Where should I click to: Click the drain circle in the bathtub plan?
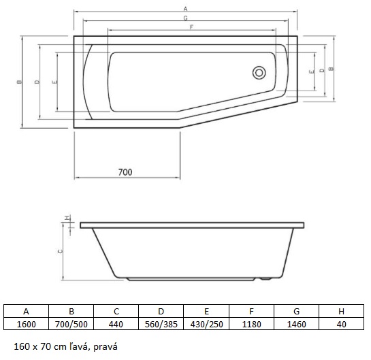[x=259, y=73]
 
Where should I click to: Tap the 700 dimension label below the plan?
[x=125, y=172]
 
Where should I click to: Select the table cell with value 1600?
[x=27, y=324]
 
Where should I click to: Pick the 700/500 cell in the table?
[x=71, y=324]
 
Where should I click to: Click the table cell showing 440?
[x=116, y=324]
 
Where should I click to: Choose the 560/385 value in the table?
[x=161, y=324]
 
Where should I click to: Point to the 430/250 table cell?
[x=206, y=324]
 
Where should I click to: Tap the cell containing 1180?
[x=251, y=324]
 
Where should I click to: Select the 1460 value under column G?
[x=297, y=324]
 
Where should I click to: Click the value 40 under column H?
[x=342, y=324]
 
